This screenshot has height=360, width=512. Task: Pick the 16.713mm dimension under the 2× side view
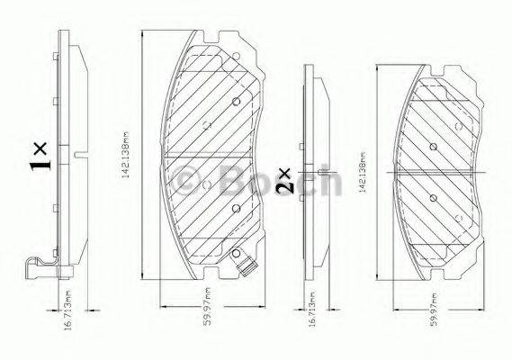coord(311,319)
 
